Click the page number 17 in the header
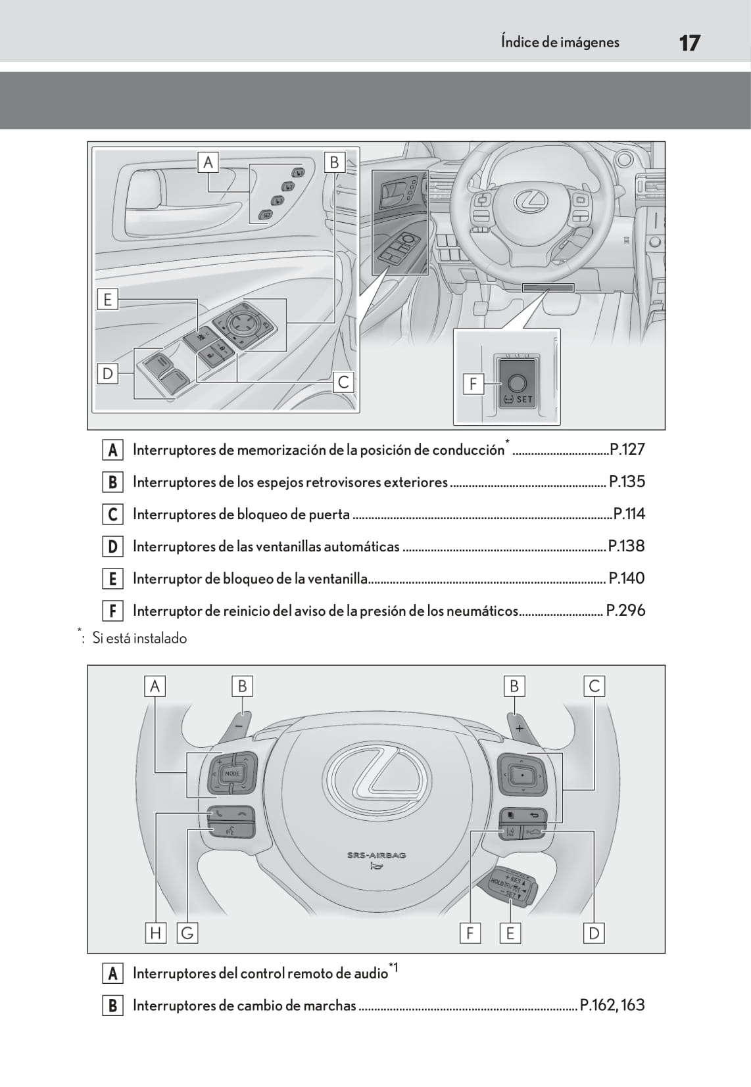click(x=689, y=43)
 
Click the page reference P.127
click(x=627, y=450)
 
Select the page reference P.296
click(x=625, y=611)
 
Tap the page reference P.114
click(x=629, y=514)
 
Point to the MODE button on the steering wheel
click(x=232, y=774)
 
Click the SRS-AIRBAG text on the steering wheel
click(x=377, y=855)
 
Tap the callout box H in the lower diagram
click(x=156, y=933)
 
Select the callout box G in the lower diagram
click(x=187, y=933)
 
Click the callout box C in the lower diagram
click(x=594, y=686)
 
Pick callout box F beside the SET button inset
click(x=473, y=383)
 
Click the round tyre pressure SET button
click(x=517, y=382)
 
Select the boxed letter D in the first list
click(x=112, y=546)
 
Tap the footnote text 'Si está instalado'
click(x=139, y=638)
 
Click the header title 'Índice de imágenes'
click(x=560, y=42)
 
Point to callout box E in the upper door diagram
click(x=108, y=300)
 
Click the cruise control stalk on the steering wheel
click(x=514, y=887)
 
